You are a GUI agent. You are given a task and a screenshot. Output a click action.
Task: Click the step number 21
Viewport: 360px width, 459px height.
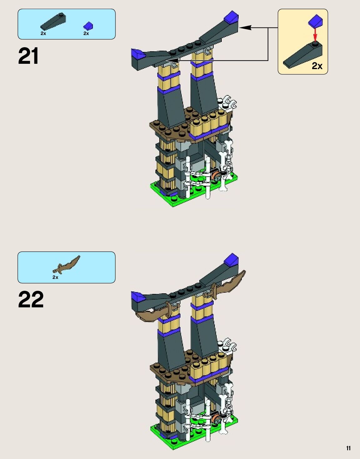[28, 56]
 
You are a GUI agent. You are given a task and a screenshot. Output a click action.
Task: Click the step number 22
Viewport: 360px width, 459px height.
[31, 300]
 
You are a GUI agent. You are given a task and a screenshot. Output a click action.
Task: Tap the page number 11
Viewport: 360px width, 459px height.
[348, 448]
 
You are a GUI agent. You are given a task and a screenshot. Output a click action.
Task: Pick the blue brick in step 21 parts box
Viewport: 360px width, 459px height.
[88, 26]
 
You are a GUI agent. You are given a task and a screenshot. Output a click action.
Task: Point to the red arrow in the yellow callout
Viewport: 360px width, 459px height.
[315, 34]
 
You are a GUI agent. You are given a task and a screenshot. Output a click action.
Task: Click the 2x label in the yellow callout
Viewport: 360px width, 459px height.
[317, 66]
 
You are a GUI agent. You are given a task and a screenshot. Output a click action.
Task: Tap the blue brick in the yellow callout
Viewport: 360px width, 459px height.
[316, 21]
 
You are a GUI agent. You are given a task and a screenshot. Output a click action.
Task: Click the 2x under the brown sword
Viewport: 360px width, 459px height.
[55, 277]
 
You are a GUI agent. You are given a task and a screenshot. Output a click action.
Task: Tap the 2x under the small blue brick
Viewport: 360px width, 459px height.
[86, 33]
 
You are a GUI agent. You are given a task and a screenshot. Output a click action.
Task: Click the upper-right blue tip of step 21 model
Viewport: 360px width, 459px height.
[232, 17]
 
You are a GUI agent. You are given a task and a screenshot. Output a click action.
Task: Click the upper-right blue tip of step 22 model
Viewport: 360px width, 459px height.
[232, 260]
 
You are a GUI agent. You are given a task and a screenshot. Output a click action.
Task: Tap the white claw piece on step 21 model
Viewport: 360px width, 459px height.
[229, 103]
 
